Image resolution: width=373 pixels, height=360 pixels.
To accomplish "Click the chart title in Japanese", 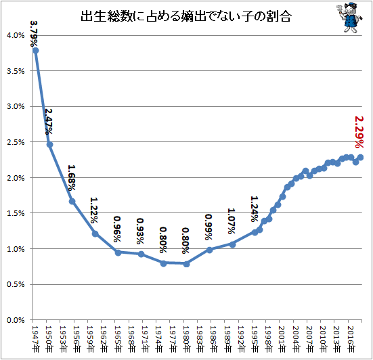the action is (x=186, y=16).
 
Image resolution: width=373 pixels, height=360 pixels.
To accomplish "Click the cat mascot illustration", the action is (x=349, y=17).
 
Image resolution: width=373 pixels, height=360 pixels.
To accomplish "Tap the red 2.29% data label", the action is (x=359, y=132).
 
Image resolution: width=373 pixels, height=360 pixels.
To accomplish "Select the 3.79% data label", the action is (x=34, y=34).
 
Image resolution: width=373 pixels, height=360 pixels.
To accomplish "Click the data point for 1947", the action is (x=36, y=51).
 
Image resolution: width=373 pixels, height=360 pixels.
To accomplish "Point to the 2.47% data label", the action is (x=49, y=122).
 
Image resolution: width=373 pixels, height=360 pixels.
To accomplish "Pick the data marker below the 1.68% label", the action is (x=72, y=202).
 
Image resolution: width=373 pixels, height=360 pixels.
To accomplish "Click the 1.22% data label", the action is (x=94, y=210).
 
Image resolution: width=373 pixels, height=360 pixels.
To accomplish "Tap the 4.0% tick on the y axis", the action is (x=16, y=35).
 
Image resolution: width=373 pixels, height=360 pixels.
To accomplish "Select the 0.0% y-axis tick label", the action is (x=16, y=320).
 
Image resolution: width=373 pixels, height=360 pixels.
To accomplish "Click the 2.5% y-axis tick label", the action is (x=16, y=142).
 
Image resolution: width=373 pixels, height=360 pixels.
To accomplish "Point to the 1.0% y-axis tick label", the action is (x=16, y=249).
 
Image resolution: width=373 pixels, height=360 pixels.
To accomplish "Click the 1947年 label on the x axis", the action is (x=35, y=339).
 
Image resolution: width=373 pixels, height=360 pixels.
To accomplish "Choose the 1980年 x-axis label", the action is (x=186, y=339).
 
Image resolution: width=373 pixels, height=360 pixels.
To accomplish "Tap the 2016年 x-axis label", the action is (x=351, y=339).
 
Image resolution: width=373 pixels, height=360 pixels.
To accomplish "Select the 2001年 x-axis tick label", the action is (x=282, y=339).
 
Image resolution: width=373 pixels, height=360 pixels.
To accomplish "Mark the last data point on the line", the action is (x=360, y=157).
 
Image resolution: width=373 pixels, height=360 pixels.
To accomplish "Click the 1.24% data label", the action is (x=255, y=209).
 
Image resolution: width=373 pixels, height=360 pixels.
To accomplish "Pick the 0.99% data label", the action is (x=209, y=227).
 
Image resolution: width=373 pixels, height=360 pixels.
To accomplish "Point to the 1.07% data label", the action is (x=232, y=221).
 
